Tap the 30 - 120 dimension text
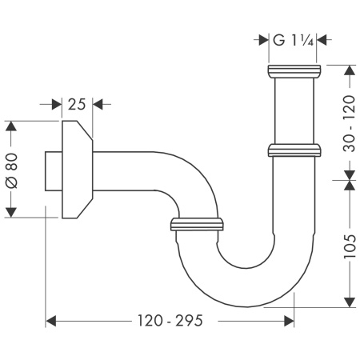pyautogui.click(x=348, y=121)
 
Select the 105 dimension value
pyautogui.click(x=348, y=243)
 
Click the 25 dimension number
pyautogui.click(x=77, y=104)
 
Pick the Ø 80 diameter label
pyautogui.click(x=11, y=169)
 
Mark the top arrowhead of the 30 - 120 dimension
pyautogui.click(x=348, y=70)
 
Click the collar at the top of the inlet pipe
pyautogui.click(x=293, y=71)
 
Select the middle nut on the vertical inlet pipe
pyautogui.click(x=294, y=150)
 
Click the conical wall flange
pyautogui.click(x=77, y=169)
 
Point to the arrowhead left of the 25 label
pyautogui.click(x=57, y=104)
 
